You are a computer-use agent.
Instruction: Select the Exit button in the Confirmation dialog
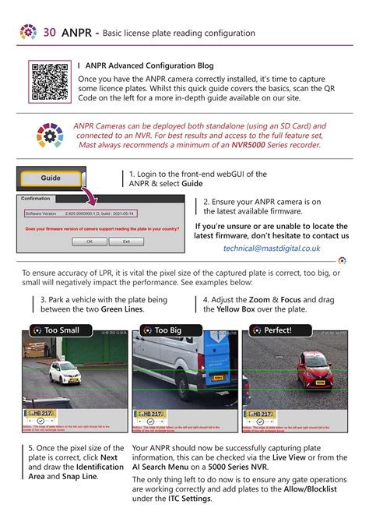(x=126, y=242)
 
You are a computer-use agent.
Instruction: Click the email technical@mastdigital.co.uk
(x=272, y=248)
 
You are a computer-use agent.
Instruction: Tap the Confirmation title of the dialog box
(x=37, y=199)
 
